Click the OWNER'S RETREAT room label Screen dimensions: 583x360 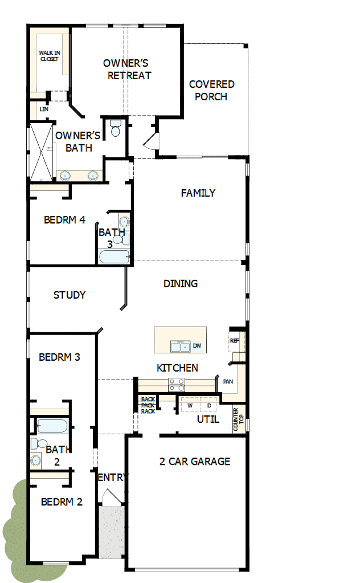(x=126, y=69)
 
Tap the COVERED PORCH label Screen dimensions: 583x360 (x=211, y=91)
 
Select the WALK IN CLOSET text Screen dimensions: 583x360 (x=49, y=56)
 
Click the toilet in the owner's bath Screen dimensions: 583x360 (x=116, y=129)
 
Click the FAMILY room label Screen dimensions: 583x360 (x=198, y=193)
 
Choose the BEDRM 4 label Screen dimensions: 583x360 (x=64, y=219)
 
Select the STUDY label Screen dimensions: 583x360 (x=69, y=295)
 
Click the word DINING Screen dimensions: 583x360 (x=181, y=283)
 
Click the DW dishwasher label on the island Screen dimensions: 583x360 (x=197, y=346)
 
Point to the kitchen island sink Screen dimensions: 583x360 (x=181, y=346)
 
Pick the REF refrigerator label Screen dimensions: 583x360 (x=234, y=341)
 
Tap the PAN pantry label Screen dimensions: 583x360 (x=228, y=381)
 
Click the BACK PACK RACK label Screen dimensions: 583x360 (x=148, y=405)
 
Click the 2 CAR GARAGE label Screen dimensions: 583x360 (x=195, y=461)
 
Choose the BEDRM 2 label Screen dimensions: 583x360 (x=62, y=502)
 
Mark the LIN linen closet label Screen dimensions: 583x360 (x=43, y=109)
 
